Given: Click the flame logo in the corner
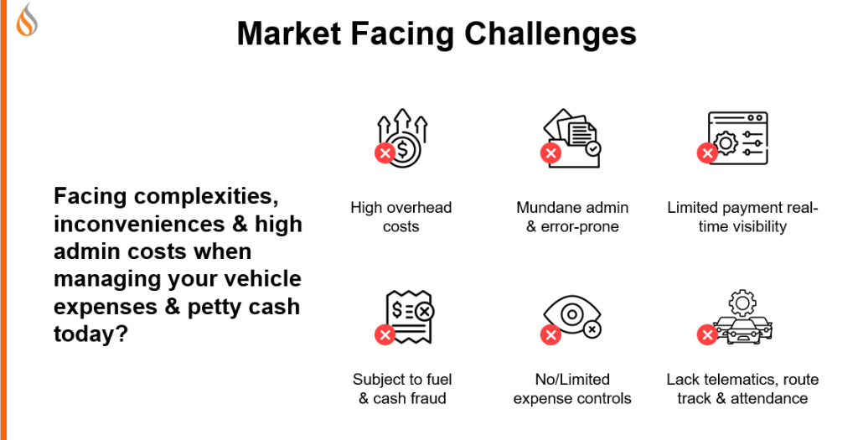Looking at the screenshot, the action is pos(27,20).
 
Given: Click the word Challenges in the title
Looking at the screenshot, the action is pos(550,34).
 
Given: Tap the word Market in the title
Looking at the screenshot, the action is pos(289,34).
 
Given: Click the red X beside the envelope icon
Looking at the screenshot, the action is pos(551,153).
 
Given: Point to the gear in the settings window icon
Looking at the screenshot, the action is pos(726,143).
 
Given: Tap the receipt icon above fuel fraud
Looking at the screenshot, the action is pos(409,316).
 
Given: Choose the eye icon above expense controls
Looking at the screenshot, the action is pos(572,316).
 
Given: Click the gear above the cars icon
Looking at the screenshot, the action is pos(742,303).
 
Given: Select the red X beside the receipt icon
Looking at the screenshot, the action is pos(385,334).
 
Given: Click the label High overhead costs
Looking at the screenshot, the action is pos(401,217).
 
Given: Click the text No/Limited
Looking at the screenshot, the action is pos(572,380).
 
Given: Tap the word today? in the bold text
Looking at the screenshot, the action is pos(90,334).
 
